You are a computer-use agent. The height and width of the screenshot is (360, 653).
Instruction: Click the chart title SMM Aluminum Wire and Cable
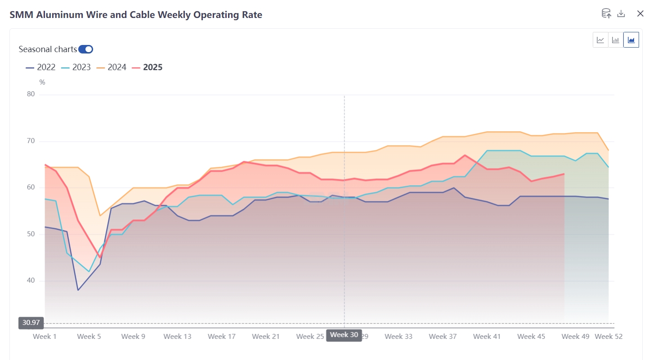pyautogui.click(x=136, y=15)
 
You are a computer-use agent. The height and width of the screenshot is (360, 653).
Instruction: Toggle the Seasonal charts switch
pyautogui.click(x=85, y=49)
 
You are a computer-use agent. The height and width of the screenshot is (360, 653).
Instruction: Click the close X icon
pyautogui.click(x=640, y=13)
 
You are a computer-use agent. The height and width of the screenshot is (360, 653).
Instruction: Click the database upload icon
pyautogui.click(x=606, y=13)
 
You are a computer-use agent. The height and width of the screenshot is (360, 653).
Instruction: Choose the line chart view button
pyautogui.click(x=600, y=40)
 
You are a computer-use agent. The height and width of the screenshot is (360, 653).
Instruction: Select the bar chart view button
pyautogui.click(x=616, y=40)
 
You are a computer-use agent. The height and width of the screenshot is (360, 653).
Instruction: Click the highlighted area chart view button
pyautogui.click(x=631, y=40)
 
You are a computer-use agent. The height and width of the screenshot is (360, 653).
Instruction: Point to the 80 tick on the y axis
pyautogui.click(x=31, y=94)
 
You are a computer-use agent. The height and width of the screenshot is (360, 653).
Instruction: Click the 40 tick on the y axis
pyautogui.click(x=31, y=281)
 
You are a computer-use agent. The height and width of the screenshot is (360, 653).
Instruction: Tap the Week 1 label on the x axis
pyautogui.click(x=45, y=336)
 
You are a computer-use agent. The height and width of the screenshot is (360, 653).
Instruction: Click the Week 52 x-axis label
pyautogui.click(x=608, y=336)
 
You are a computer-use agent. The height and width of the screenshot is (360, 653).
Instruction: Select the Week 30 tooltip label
pyautogui.click(x=344, y=335)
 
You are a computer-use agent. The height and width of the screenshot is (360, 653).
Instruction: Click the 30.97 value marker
pyautogui.click(x=31, y=323)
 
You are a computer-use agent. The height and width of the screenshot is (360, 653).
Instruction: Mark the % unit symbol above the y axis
pyautogui.click(x=42, y=82)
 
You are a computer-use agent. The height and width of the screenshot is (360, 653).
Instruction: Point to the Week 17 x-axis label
pyautogui.click(x=222, y=336)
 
